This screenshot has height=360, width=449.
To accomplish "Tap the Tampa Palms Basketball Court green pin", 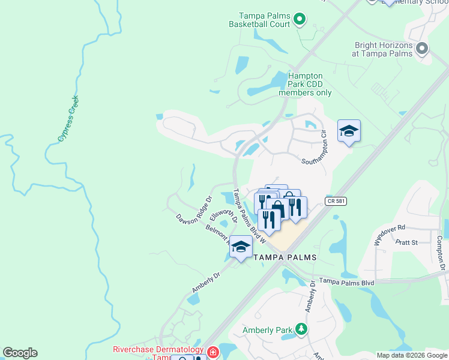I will pyautogui.click(x=300, y=20).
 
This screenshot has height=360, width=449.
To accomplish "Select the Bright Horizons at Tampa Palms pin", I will pyautogui.click(x=422, y=49).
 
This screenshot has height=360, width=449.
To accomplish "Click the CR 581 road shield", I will pyautogui.click(x=336, y=202).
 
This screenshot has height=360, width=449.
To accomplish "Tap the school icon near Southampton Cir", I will pyautogui.click(x=349, y=131).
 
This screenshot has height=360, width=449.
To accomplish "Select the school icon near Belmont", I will pyautogui.click(x=241, y=246).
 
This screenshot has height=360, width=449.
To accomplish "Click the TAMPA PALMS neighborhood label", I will pyautogui.click(x=285, y=257).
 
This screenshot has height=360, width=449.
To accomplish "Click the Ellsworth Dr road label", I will pyautogui.click(x=223, y=215).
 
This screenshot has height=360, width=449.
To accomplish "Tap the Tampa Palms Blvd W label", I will pyautogui.click(x=249, y=215).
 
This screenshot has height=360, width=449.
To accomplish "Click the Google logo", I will pyautogui.click(x=20, y=353).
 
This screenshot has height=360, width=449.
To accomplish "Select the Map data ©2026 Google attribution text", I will pyautogui.click(x=411, y=355).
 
